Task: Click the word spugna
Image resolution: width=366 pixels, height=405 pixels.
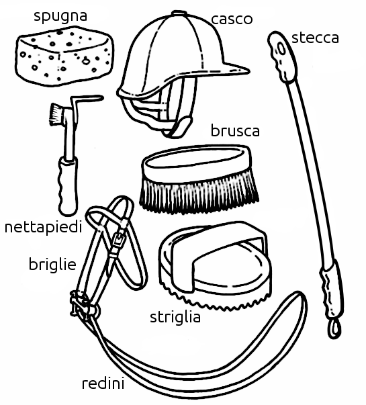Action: point(60,17)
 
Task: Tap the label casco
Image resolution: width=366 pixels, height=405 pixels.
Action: point(232,19)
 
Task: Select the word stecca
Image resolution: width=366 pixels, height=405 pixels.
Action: point(315,38)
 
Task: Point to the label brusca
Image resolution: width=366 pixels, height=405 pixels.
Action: point(235,130)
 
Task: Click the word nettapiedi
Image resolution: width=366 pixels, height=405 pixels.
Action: point(44,227)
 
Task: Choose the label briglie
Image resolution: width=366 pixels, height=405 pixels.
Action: point(52,264)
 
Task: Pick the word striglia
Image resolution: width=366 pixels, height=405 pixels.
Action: point(175,317)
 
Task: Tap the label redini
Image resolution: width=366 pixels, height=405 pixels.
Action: point(103,384)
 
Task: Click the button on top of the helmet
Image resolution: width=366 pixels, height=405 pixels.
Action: point(178,13)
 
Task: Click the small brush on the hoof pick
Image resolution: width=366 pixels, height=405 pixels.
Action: point(55,113)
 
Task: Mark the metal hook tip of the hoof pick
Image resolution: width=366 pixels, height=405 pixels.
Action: point(101,98)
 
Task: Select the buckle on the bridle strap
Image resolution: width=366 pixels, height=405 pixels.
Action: point(118,240)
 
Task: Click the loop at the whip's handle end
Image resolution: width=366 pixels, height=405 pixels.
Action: point(335,328)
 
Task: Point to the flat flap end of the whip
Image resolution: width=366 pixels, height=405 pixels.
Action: point(282,56)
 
